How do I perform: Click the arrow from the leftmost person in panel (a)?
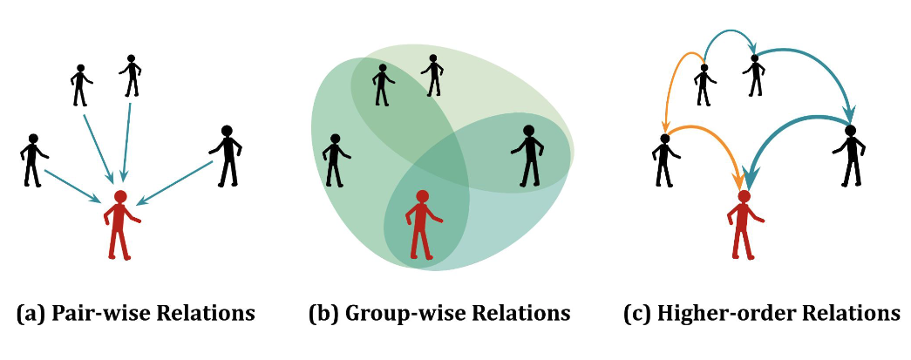[74, 186]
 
